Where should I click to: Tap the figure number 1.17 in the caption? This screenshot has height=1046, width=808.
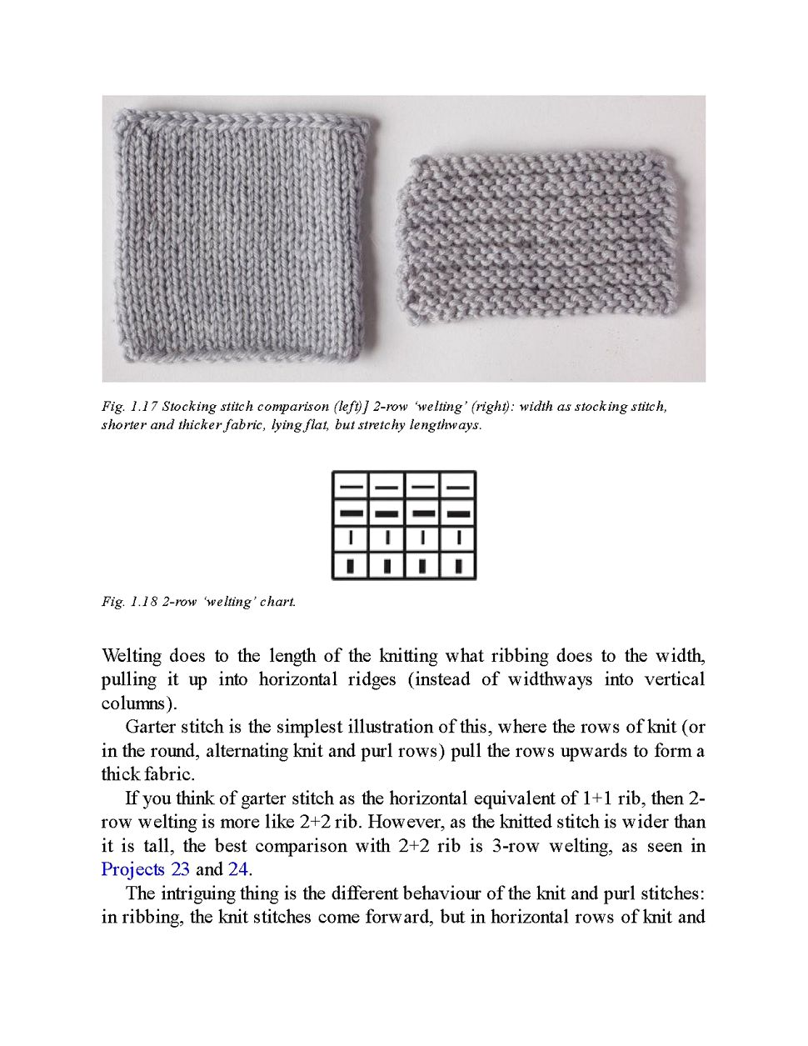[144, 407]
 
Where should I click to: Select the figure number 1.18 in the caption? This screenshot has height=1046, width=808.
[144, 602]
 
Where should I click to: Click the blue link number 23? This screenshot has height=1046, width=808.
[180, 869]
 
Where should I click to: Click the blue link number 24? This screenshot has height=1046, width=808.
[237, 869]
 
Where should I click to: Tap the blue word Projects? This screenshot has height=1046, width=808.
[133, 869]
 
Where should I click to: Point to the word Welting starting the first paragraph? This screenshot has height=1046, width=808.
[130, 655]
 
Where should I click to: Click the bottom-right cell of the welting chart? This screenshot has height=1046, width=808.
[458, 566]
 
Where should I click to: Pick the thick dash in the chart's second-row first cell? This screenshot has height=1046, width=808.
[352, 513]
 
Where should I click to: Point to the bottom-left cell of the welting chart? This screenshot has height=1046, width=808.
[352, 566]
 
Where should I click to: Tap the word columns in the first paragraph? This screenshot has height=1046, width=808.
[132, 703]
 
